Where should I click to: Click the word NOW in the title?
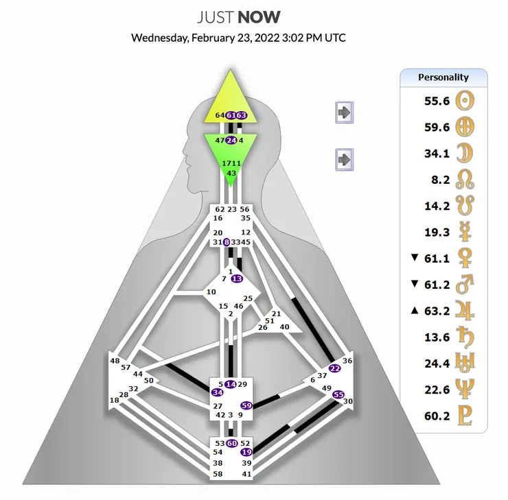tap(259, 17)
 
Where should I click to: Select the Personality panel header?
tap(443, 78)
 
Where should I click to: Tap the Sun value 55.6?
tap(437, 101)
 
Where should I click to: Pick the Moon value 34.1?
tap(437, 154)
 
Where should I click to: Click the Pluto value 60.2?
tap(437, 416)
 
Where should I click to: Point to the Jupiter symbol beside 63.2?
tap(465, 311)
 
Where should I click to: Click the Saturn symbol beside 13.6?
tap(465, 337)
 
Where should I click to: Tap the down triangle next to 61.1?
tap(415, 258)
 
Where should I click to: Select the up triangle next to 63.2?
tap(415, 310)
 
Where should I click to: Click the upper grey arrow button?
tap(344, 112)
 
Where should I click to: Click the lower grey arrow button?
tap(344, 160)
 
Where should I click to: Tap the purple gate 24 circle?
tap(231, 141)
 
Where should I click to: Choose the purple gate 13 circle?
tap(237, 278)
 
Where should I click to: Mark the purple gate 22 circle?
tap(335, 368)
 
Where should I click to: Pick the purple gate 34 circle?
tap(218, 392)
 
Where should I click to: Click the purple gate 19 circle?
tap(246, 452)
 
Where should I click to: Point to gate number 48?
tap(115, 361)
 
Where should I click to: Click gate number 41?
tap(246, 474)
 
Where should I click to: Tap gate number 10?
tap(211, 292)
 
